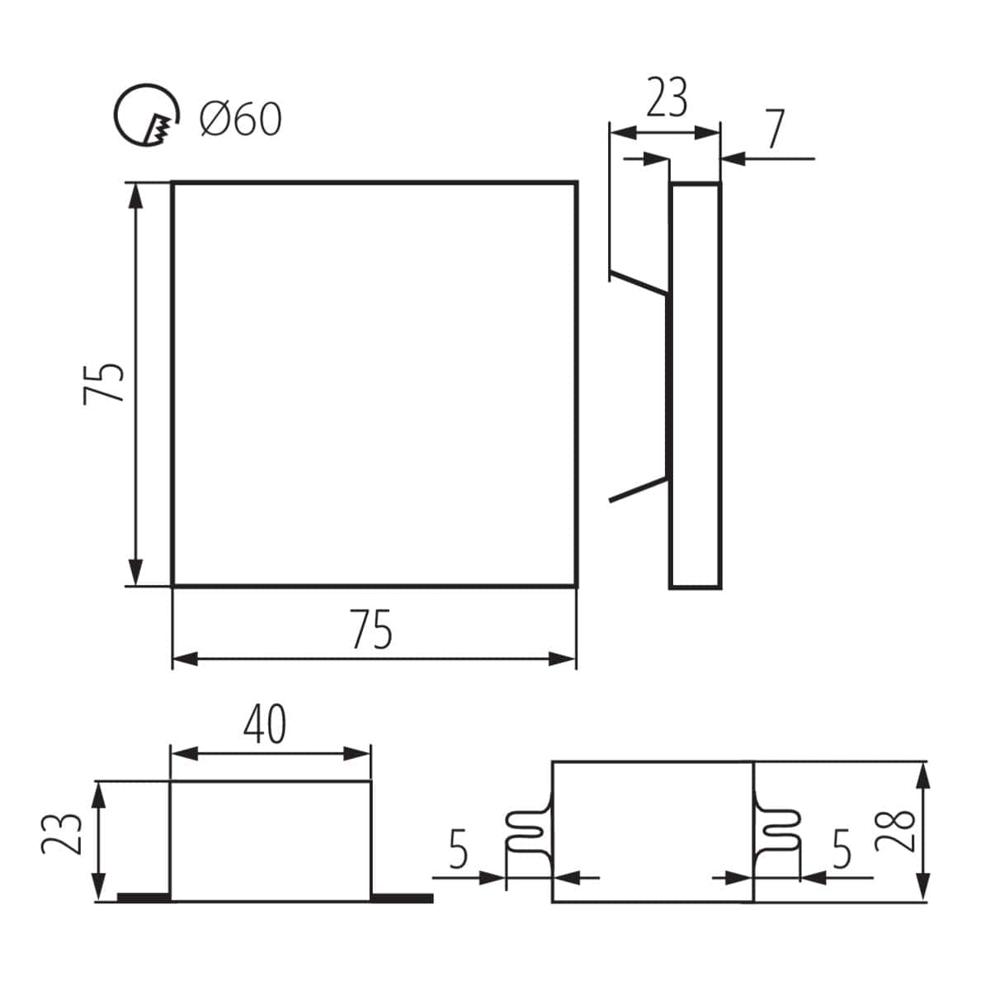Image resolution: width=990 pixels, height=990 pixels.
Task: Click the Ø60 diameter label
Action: click(240, 120)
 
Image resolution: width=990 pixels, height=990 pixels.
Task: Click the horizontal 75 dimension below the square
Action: click(372, 630)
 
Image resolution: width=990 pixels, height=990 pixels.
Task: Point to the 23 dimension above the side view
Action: click(666, 98)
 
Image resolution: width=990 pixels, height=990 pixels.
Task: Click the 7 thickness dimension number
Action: click(773, 130)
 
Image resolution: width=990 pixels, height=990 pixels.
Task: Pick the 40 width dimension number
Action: click(266, 724)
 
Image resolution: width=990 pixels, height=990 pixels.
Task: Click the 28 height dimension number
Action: click(894, 832)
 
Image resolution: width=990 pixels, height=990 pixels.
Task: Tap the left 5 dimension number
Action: click(459, 851)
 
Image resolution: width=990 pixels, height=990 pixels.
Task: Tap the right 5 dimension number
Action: click(841, 851)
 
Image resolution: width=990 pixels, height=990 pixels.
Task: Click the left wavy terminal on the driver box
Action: click(526, 832)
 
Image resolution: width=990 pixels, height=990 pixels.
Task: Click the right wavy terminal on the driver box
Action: click(778, 832)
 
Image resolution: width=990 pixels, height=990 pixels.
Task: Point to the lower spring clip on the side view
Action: click(637, 488)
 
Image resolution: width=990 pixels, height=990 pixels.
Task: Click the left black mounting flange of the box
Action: click(144, 897)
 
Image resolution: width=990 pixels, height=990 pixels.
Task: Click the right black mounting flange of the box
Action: click(401, 898)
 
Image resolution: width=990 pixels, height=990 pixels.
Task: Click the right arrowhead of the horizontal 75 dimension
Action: click(564, 658)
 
